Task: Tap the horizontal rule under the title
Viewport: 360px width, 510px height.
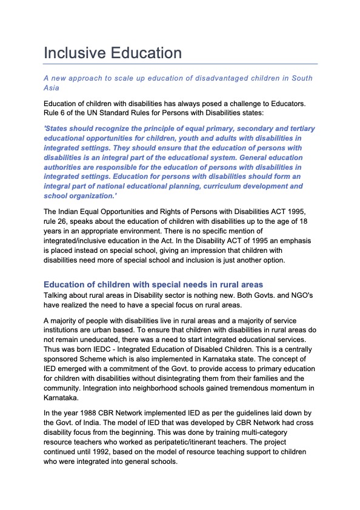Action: pos(180,64)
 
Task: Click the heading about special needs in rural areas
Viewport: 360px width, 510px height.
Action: pos(153,284)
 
